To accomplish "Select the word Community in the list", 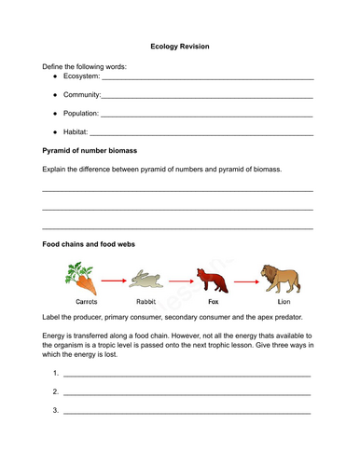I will [x=81, y=96].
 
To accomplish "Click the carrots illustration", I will [x=78, y=277].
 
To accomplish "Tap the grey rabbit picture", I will [x=145, y=279].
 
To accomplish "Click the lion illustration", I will [x=279, y=276].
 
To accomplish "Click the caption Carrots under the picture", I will [x=80, y=302].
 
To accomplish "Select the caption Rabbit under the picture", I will [x=146, y=302].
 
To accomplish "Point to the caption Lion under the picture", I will [x=284, y=302].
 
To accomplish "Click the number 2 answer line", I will [x=187, y=392].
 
